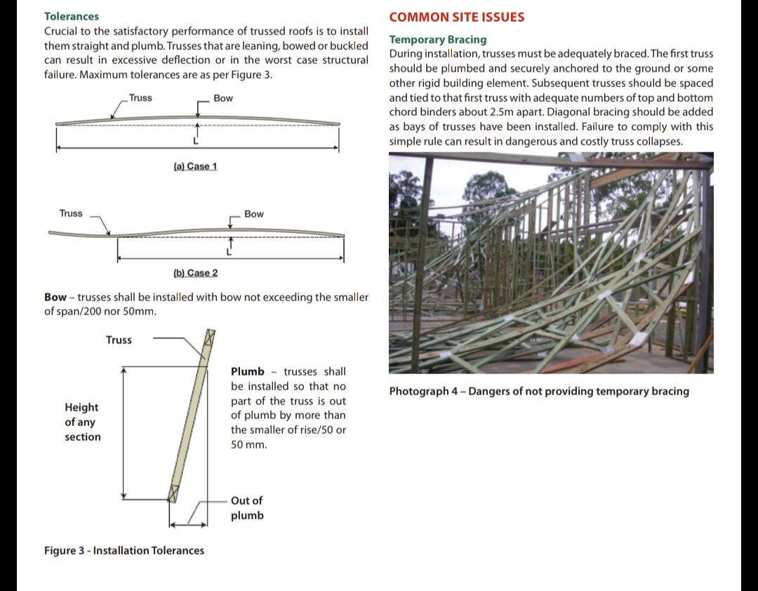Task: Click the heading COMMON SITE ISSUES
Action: (456, 17)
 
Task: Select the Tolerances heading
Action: (72, 16)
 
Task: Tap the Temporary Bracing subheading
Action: (437, 39)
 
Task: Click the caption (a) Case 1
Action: (195, 166)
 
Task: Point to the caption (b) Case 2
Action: (195, 272)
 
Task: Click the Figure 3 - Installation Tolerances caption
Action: (124, 550)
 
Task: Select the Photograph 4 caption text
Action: (539, 391)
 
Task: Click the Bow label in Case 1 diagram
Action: (223, 98)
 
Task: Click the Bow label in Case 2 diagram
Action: (254, 214)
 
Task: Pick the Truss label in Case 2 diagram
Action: (71, 213)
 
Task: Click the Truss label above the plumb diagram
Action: (119, 340)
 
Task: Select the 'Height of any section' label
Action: (82, 422)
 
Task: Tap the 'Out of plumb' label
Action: (247, 507)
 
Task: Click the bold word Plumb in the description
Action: (248, 371)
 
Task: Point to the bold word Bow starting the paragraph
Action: (55, 297)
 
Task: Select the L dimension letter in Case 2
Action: (227, 252)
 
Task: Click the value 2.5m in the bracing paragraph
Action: (527, 112)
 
